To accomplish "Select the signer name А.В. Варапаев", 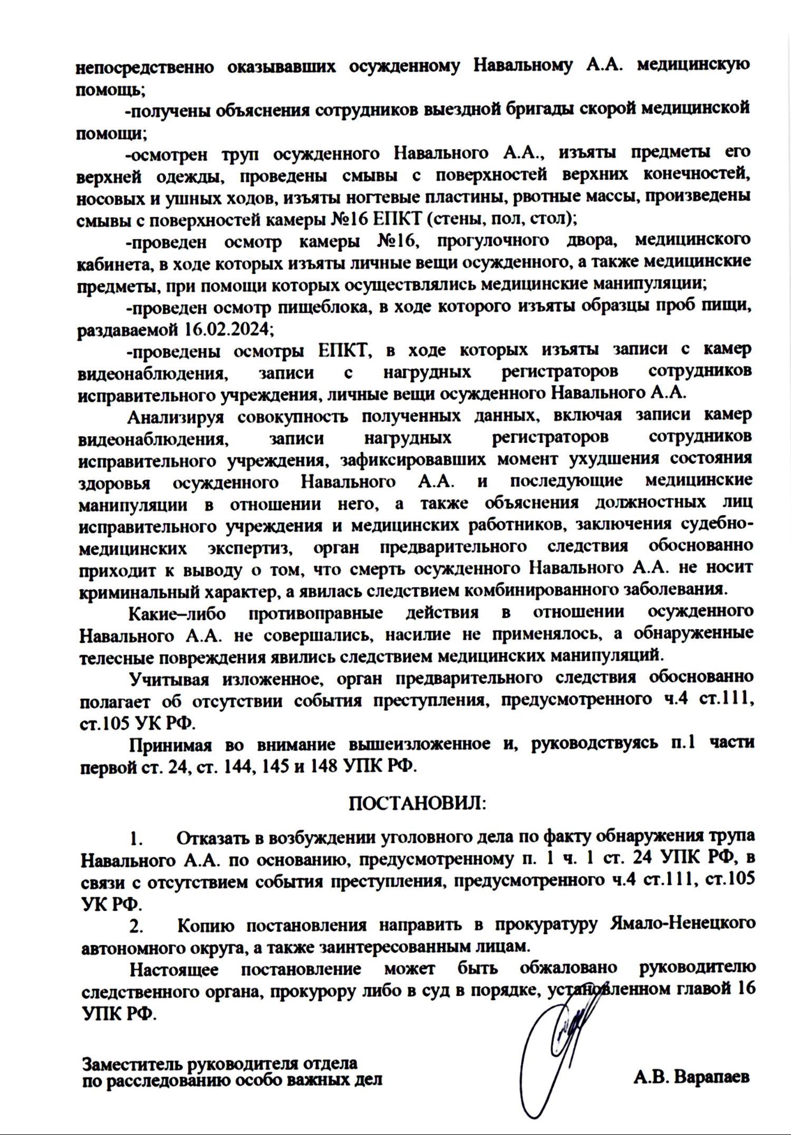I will tap(691, 1076).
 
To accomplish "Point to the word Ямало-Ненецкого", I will tap(683, 924).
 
